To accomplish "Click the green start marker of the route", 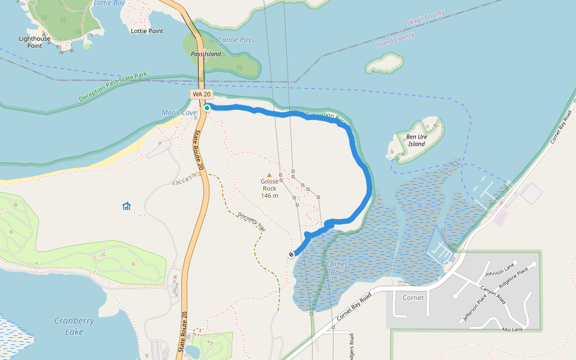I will [x=207, y=108].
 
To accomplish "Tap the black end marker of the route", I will [x=291, y=254].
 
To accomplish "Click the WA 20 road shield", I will [x=202, y=94].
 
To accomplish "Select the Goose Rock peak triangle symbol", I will [x=269, y=175].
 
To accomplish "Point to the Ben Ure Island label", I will [x=416, y=140].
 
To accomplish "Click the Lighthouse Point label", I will [x=35, y=42].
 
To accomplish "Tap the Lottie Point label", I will [x=146, y=31].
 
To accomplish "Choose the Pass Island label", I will [x=206, y=54].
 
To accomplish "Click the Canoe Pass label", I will [x=236, y=40].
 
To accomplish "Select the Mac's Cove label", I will [x=179, y=113].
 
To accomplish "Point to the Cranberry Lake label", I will [x=74, y=326].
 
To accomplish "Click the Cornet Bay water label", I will [x=337, y=268].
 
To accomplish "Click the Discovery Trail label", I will [x=251, y=222].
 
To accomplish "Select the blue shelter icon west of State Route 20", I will [x=127, y=206].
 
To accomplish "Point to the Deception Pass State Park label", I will [x=113, y=87].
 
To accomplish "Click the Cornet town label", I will [x=413, y=298].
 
